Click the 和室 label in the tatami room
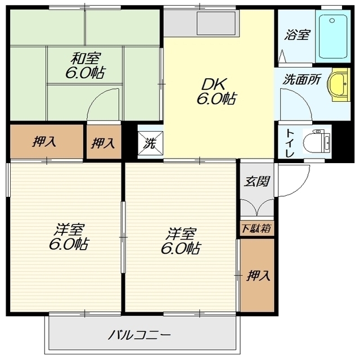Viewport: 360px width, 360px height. click(x=85, y=58)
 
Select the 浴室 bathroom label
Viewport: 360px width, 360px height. click(x=297, y=35)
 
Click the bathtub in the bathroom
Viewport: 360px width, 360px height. click(x=332, y=37)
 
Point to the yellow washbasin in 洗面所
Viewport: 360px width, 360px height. click(x=339, y=84)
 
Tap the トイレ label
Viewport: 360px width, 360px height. click(x=290, y=143)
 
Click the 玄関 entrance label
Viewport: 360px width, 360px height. click(x=256, y=181)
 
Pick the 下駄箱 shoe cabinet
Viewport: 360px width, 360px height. click(x=256, y=228)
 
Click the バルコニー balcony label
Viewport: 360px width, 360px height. click(x=139, y=335)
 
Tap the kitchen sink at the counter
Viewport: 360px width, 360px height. click(x=216, y=23)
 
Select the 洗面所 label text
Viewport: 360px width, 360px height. click(x=301, y=80)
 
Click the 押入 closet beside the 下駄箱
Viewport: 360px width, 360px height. click(x=257, y=275)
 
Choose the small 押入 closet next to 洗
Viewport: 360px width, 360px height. click(x=103, y=142)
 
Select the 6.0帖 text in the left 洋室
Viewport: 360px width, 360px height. click(x=69, y=245)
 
